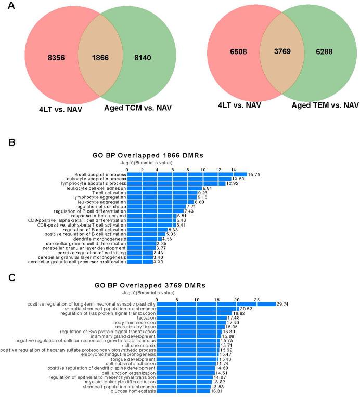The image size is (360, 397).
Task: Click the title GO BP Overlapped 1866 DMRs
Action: point(164,155)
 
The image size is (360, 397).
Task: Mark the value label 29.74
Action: point(282,304)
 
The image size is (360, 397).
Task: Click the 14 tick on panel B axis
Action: point(234,169)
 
